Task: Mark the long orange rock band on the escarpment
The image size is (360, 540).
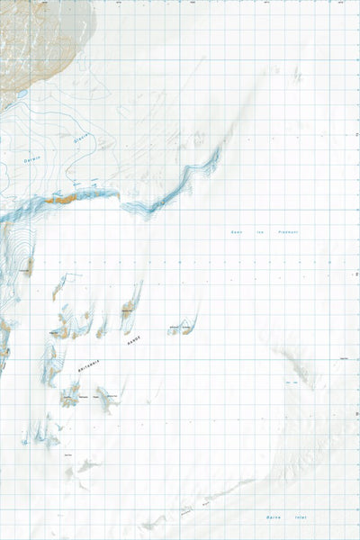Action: pyautogui.click(x=68, y=196)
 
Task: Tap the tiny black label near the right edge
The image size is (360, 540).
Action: pyautogui.click(x=343, y=361)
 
